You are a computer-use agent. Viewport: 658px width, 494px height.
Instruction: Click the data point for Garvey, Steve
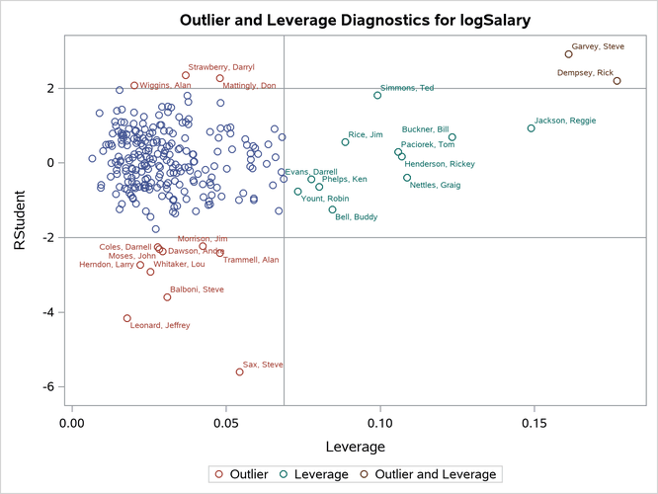click(x=568, y=54)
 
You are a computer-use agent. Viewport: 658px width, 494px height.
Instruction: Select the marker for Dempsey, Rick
click(x=617, y=81)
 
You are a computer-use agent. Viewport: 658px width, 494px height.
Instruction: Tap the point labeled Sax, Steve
click(x=239, y=372)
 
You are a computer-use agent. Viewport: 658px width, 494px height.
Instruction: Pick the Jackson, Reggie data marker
click(x=531, y=128)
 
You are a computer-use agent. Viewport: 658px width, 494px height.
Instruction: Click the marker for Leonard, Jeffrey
click(x=127, y=318)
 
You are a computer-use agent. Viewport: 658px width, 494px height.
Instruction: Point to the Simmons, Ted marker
click(x=377, y=96)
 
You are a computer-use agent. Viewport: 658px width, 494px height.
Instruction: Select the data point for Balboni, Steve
click(x=167, y=297)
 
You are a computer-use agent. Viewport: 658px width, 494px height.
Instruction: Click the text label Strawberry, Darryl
click(x=221, y=67)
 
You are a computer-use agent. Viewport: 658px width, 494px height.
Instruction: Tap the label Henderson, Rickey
click(x=440, y=164)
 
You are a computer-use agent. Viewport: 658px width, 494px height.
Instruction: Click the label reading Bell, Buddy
click(x=356, y=217)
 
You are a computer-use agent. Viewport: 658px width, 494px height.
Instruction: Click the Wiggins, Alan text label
click(x=165, y=86)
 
